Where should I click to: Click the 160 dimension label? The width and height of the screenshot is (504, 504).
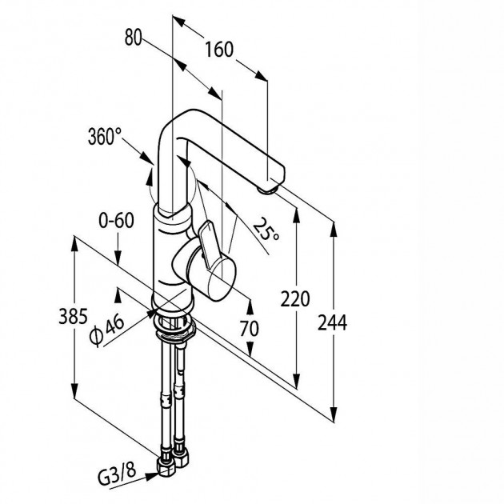[219, 50]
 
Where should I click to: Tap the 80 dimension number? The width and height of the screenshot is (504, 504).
[133, 37]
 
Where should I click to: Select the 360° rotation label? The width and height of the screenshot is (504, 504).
[105, 136]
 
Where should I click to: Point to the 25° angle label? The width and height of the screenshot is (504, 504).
[266, 229]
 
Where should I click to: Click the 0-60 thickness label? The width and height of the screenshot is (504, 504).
[116, 221]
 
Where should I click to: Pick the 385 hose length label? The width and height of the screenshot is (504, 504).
[73, 316]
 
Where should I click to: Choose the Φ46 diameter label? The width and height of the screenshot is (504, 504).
[107, 330]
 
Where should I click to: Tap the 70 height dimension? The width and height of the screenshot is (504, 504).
[249, 328]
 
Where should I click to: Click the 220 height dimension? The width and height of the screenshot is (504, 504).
[295, 298]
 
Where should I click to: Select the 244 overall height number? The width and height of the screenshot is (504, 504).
[332, 322]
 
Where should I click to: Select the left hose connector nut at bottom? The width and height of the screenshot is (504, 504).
[166, 466]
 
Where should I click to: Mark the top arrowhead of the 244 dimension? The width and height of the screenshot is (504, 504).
[334, 229]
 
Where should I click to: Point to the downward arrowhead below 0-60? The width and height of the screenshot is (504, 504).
[118, 258]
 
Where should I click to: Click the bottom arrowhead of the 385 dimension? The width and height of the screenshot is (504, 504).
[74, 391]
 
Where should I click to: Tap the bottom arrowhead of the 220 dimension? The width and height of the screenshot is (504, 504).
[297, 382]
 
